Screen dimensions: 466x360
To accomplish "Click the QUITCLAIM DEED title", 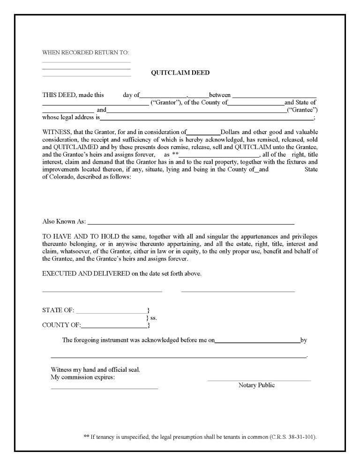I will click(180, 73).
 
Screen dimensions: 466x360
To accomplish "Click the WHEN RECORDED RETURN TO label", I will click(85, 53).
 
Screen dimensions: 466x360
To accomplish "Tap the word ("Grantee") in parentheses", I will click(302, 110).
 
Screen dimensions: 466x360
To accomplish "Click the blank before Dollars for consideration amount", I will click(203, 132).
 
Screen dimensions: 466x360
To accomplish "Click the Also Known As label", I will click(64, 221).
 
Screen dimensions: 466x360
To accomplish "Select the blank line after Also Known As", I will click(191, 222).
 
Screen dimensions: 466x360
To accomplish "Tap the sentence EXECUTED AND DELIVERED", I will click(122, 274).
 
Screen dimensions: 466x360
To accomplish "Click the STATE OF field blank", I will click(112, 311).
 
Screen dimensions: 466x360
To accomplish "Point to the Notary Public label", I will click(256, 385).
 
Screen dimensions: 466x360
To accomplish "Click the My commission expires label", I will click(82, 377).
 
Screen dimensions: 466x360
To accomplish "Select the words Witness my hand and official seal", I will click(95, 369).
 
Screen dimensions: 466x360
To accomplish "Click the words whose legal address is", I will click(71, 117).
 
